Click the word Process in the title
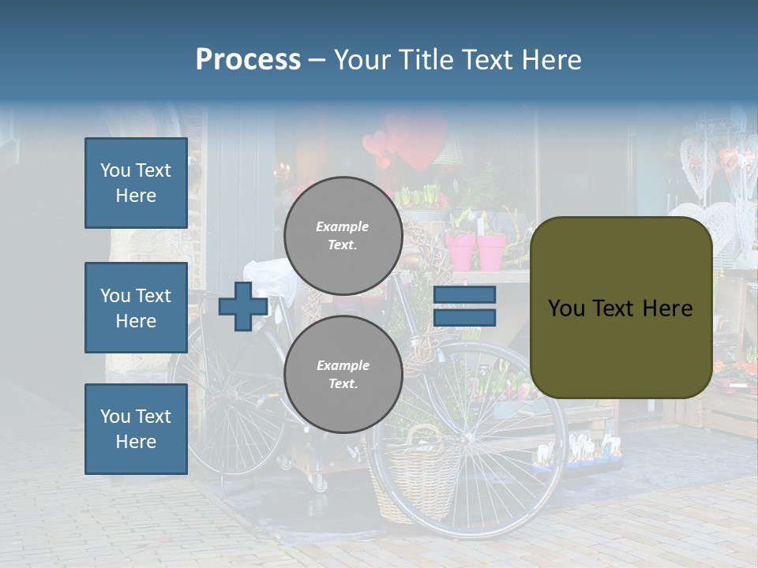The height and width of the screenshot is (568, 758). (248, 60)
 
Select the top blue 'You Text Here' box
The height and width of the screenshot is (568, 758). (136, 183)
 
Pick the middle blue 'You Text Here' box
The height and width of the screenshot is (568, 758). (136, 308)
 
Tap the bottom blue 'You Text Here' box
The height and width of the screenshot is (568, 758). (136, 429)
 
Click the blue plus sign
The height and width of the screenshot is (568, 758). (242, 306)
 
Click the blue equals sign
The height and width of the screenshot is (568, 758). (464, 306)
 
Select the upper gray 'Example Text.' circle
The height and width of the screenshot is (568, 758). (343, 235)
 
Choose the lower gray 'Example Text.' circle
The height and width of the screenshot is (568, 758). (343, 374)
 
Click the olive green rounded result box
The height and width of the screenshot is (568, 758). (621, 308)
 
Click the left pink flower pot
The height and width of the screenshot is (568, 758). (460, 250)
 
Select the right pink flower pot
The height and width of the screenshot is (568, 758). (491, 251)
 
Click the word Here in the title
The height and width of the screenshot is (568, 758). (550, 60)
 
